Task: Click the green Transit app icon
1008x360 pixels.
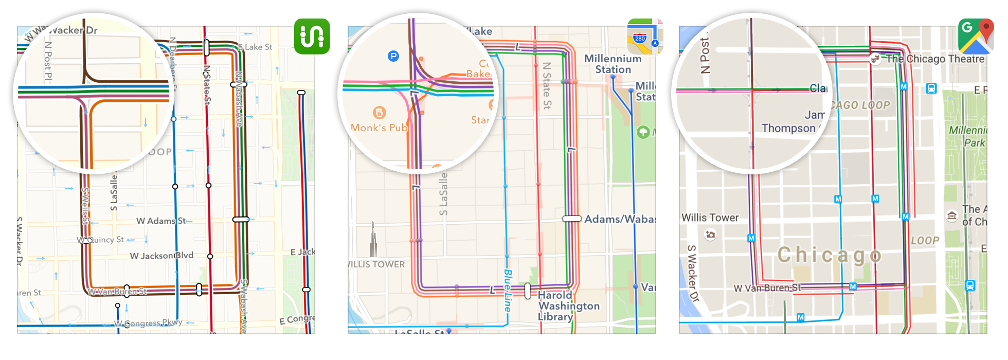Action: [x=312, y=37]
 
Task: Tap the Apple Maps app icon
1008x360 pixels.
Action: [x=645, y=37]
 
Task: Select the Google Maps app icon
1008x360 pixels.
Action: [x=976, y=37]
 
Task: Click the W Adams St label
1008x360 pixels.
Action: [x=161, y=221]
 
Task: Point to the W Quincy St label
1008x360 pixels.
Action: [x=101, y=240]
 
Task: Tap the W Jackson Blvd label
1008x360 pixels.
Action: [x=161, y=256]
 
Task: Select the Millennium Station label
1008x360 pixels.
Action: [x=613, y=64]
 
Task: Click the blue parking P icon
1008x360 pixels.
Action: [x=393, y=56]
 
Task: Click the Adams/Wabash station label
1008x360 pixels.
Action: [x=620, y=219]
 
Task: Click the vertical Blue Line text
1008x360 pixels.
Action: [x=508, y=291]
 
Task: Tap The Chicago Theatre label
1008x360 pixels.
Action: [x=935, y=59]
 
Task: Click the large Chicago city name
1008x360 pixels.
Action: [x=830, y=255]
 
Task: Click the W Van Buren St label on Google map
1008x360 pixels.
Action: [x=767, y=288]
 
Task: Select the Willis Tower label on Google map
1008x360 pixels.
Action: [x=710, y=218]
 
